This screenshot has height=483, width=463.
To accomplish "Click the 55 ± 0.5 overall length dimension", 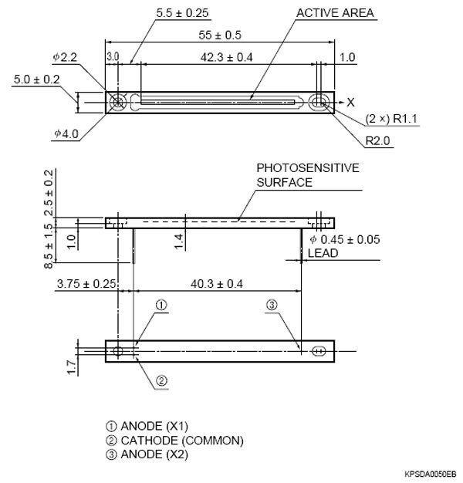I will coord(221,35).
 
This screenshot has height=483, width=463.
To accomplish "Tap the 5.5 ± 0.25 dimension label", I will coord(183,13).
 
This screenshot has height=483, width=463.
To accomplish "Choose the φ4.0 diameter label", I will coord(67,133).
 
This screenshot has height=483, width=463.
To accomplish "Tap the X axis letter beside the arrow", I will coord(350,101).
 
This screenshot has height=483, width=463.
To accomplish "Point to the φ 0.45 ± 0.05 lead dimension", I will coord(344,239).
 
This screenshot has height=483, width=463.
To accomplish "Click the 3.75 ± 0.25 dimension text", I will coord(86,284).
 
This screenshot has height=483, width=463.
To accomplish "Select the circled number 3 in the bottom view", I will coord(272,306).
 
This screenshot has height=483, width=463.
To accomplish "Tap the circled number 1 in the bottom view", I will coord(161,306).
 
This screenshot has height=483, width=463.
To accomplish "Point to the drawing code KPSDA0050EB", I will coord(430,474).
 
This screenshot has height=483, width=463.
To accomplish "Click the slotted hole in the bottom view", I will coord(319,351).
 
